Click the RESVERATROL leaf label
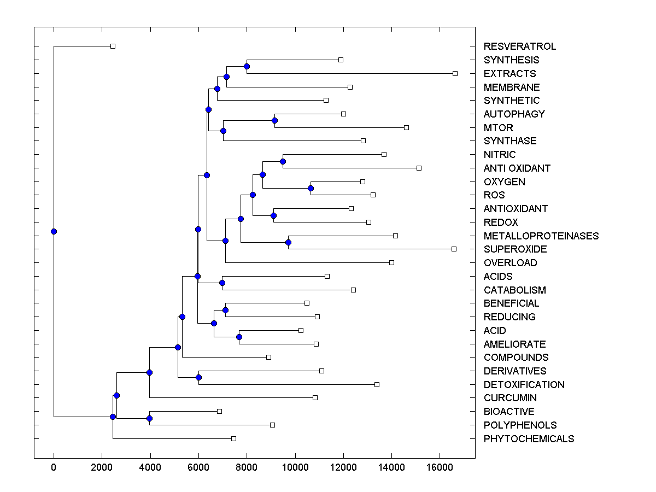[x=519, y=46]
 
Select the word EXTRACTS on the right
[x=509, y=74]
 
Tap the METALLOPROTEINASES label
[x=541, y=236]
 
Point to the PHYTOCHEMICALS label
[x=529, y=439]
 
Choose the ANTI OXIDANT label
[x=517, y=168]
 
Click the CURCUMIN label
[x=509, y=398]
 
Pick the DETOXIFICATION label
[x=524, y=385]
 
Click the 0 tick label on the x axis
[x=54, y=467]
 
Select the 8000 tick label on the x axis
[x=247, y=467]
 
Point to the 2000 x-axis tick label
[x=102, y=467]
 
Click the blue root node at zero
[x=54, y=231]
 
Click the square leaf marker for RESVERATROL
[x=113, y=46]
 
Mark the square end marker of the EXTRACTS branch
[x=455, y=73]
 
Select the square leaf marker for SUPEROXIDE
[x=454, y=249]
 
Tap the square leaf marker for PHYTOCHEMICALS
[x=233, y=438]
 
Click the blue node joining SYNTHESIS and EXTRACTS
[x=247, y=66]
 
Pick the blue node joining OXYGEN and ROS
[x=311, y=188]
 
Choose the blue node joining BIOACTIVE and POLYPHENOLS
[x=149, y=418]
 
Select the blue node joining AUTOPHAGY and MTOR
[x=274, y=120]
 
